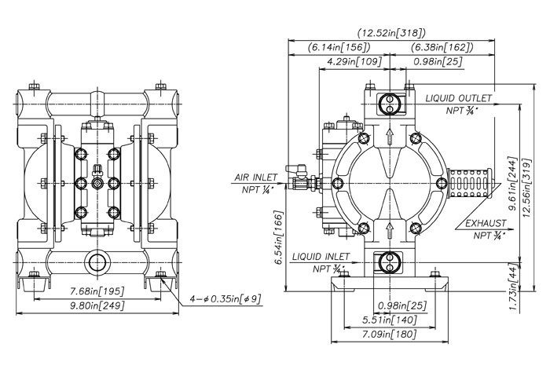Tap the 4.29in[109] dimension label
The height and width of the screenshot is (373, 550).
[x=354, y=60]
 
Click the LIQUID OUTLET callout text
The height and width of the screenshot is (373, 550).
[x=459, y=98]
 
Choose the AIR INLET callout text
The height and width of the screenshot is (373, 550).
[x=255, y=178]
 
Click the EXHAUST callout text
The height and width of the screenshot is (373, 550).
[x=485, y=225]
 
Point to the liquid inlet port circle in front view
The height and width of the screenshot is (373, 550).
[x=98, y=261]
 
